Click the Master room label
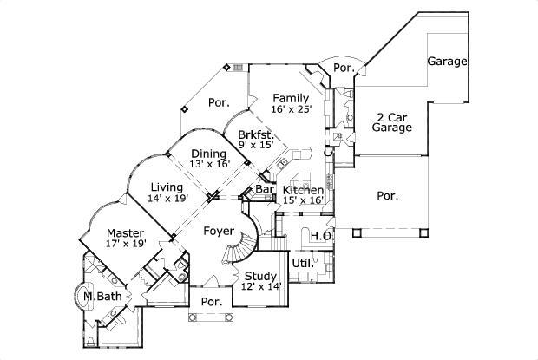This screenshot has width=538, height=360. click(125, 232)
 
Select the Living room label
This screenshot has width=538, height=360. click(166, 187)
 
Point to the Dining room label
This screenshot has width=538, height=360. click(208, 154)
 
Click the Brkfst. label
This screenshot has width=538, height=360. click(256, 134)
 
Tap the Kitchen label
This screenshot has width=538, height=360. click(304, 190)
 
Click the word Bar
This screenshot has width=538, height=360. click(265, 190)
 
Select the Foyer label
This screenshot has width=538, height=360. click(217, 231)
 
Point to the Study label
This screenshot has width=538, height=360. click(261, 276)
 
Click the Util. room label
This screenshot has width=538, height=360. click(302, 262)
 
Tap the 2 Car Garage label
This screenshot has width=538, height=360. click(392, 121)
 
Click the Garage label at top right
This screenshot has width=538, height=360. click(448, 62)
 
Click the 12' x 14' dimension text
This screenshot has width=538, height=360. click(261, 287)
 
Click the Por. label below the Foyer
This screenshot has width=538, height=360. click(212, 302)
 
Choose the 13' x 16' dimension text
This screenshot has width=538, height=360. click(208, 165)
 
